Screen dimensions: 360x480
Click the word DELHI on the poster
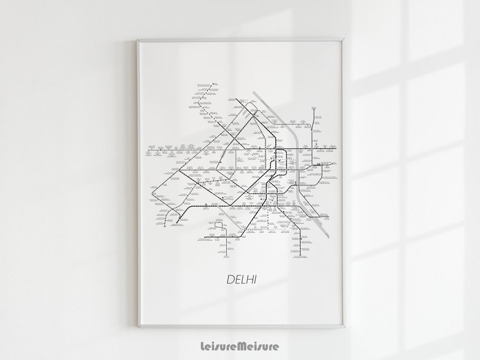240,280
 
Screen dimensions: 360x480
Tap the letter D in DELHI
230,280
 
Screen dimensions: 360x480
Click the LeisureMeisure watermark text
240,346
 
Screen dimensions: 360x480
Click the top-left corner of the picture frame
138,40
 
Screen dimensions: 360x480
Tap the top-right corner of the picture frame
343,40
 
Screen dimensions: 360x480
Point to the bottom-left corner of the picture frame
138,327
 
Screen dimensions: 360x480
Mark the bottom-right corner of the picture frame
343,327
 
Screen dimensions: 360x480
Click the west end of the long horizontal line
148,149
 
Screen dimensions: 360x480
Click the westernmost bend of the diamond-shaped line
152,194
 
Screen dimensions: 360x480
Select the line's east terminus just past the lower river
329,216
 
